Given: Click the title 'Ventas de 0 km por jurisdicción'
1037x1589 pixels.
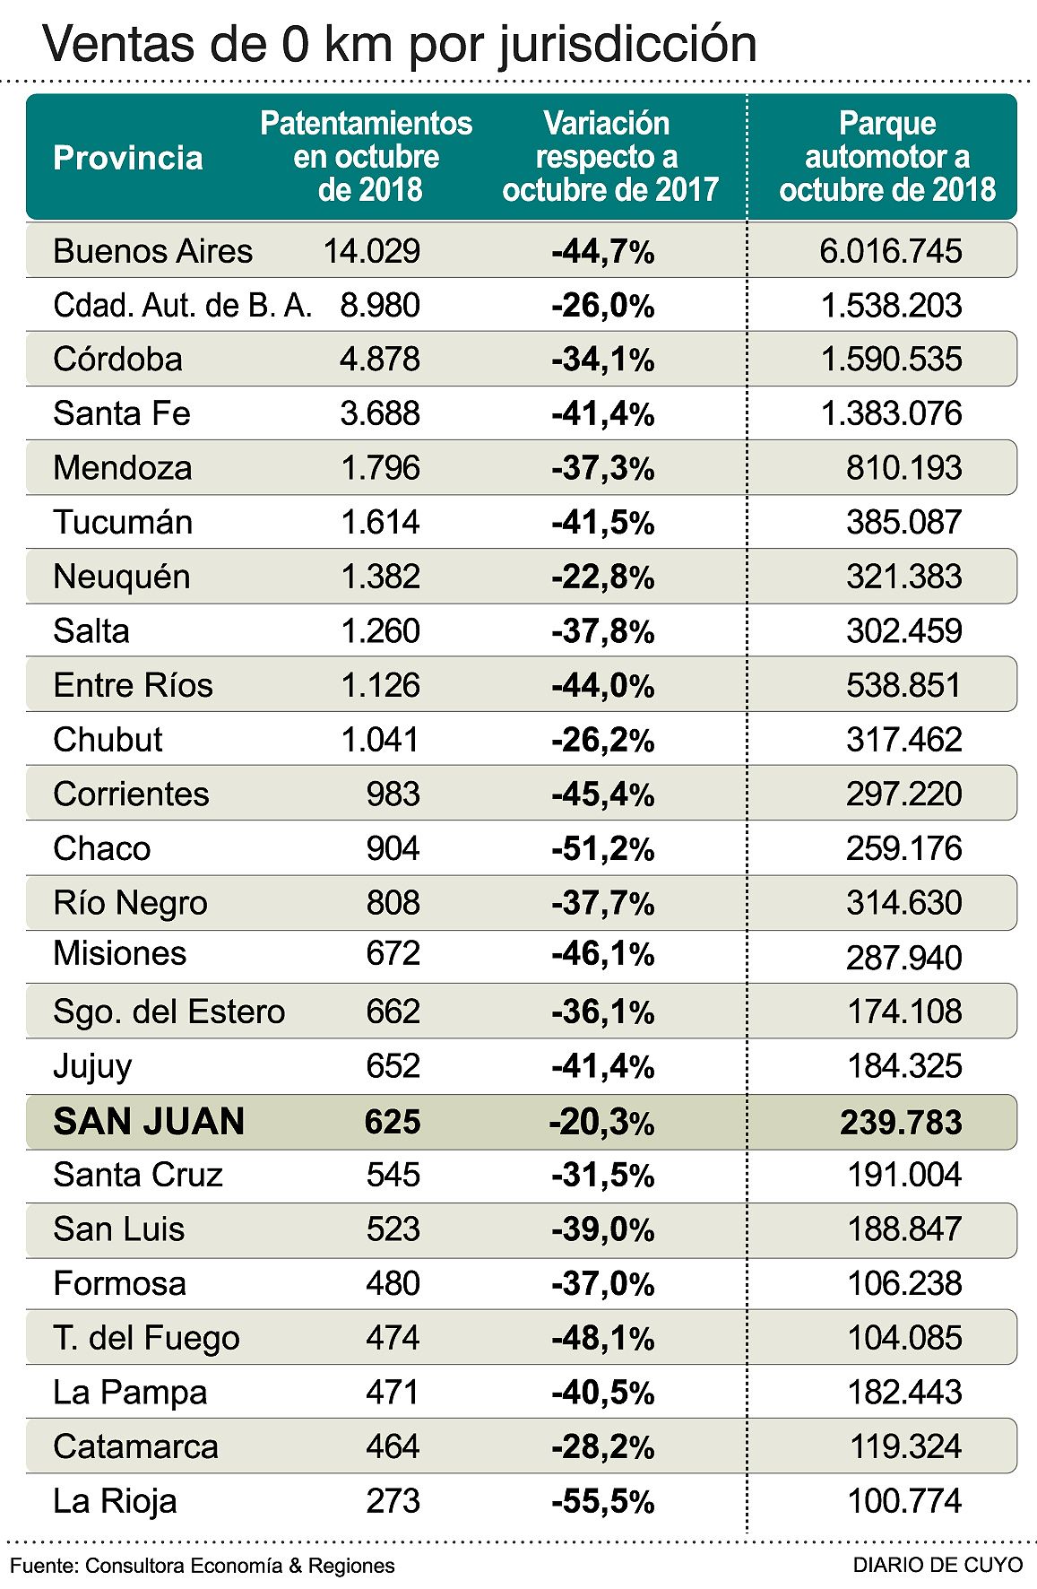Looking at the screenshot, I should [x=400, y=43].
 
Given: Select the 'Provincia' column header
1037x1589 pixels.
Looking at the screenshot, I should [x=128, y=158].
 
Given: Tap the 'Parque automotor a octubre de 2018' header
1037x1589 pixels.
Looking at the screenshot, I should [x=886, y=157].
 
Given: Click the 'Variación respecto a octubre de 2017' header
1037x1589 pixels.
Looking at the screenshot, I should [x=609, y=157].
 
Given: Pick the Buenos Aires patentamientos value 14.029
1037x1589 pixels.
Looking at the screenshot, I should [x=371, y=251].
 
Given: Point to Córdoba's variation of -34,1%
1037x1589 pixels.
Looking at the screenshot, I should [x=602, y=360].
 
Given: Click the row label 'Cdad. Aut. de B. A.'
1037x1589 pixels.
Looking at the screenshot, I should [x=182, y=306].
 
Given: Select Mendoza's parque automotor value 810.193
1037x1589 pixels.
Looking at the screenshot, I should [x=903, y=468].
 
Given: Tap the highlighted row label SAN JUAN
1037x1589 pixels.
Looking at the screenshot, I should [x=149, y=1122].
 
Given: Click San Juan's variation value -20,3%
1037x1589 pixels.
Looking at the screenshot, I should [x=601, y=1123].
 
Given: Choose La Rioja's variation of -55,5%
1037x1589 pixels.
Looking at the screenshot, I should [x=602, y=1501].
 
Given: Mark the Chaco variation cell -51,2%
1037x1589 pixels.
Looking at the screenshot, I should [x=602, y=849].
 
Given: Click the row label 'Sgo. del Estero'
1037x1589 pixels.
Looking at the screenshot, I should [x=169, y=1012].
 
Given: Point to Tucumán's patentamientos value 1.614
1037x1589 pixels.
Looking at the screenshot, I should [x=380, y=523].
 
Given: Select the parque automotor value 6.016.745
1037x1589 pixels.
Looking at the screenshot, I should [x=890, y=251].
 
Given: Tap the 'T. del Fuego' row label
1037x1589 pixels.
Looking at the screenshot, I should [x=146, y=1338].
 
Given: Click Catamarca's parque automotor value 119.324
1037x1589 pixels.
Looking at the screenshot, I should [x=905, y=1446].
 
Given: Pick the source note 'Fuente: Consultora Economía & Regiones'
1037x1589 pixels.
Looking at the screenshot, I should [x=203, y=1566].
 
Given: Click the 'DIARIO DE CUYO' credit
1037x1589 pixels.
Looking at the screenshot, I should [x=938, y=1565].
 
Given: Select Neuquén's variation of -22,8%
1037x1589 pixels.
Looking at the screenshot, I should [x=602, y=577].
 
